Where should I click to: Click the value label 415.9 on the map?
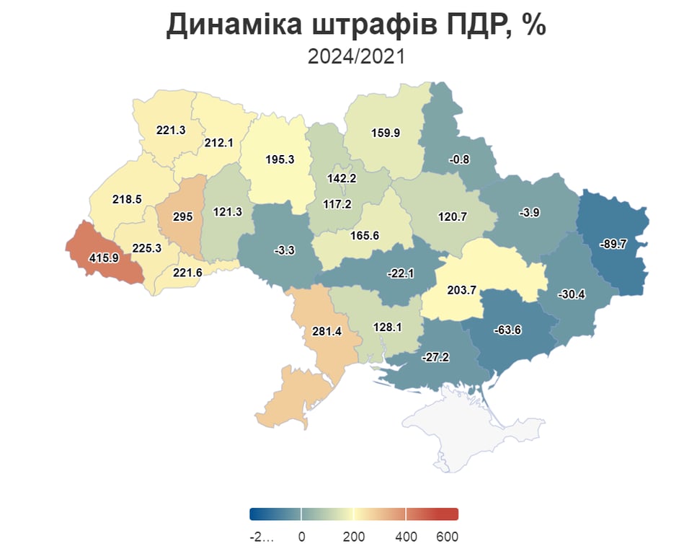pos(103,258)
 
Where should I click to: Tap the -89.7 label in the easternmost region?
pos(613,245)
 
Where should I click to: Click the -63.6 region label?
pos(509,330)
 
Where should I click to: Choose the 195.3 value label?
pos(280,160)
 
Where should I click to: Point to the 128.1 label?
pos(387,327)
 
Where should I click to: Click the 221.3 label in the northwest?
pos(171,131)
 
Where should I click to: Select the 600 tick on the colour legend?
pos(447,537)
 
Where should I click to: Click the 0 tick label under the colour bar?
pos(301,537)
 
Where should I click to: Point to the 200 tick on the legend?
pos(354,537)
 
